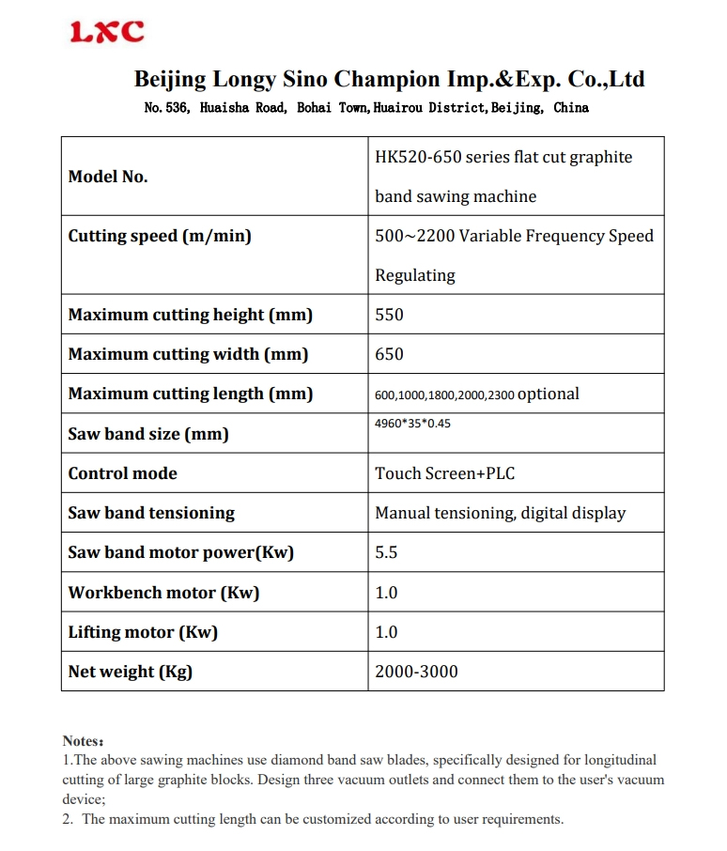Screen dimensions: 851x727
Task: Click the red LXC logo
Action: pos(108,32)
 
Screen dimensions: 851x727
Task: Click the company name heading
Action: pos(389,79)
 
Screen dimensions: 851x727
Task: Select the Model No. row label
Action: pos(108,177)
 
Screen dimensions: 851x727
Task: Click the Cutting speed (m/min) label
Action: pos(160,236)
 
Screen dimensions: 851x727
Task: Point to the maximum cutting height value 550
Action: pos(389,315)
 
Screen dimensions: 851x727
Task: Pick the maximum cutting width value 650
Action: pos(389,354)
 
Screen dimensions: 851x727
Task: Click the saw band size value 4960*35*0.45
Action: pos(413,424)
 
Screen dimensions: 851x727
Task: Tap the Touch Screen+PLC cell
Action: pos(445,473)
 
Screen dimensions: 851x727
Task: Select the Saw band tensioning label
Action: pos(151,513)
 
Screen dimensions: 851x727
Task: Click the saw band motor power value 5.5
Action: pos(386,552)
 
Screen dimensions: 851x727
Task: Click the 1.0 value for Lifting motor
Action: pos(386,632)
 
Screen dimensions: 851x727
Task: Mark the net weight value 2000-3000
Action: pos(416,672)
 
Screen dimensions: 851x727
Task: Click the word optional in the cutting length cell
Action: pos(549,394)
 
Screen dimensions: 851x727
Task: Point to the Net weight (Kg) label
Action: pos(130,672)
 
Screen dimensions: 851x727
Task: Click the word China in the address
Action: pos(571,108)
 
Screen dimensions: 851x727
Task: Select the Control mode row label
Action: pos(122,473)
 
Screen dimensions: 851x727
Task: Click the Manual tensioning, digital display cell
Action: pos(500,513)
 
